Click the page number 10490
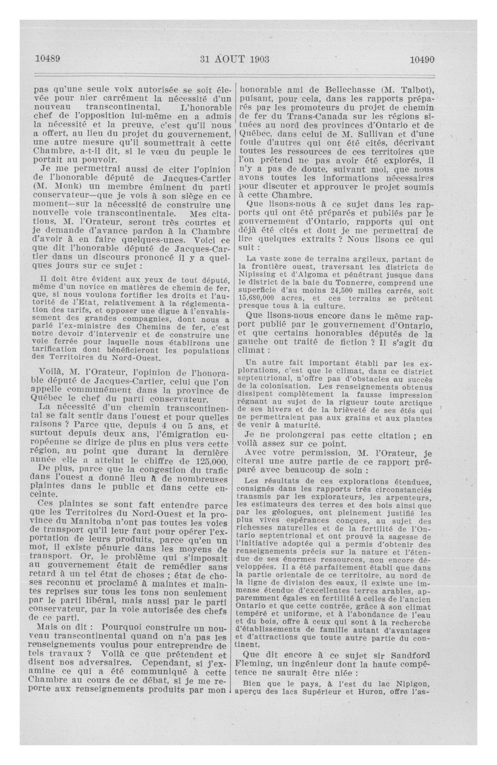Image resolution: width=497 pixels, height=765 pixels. point(422,59)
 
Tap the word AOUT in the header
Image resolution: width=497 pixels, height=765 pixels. point(230,59)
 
